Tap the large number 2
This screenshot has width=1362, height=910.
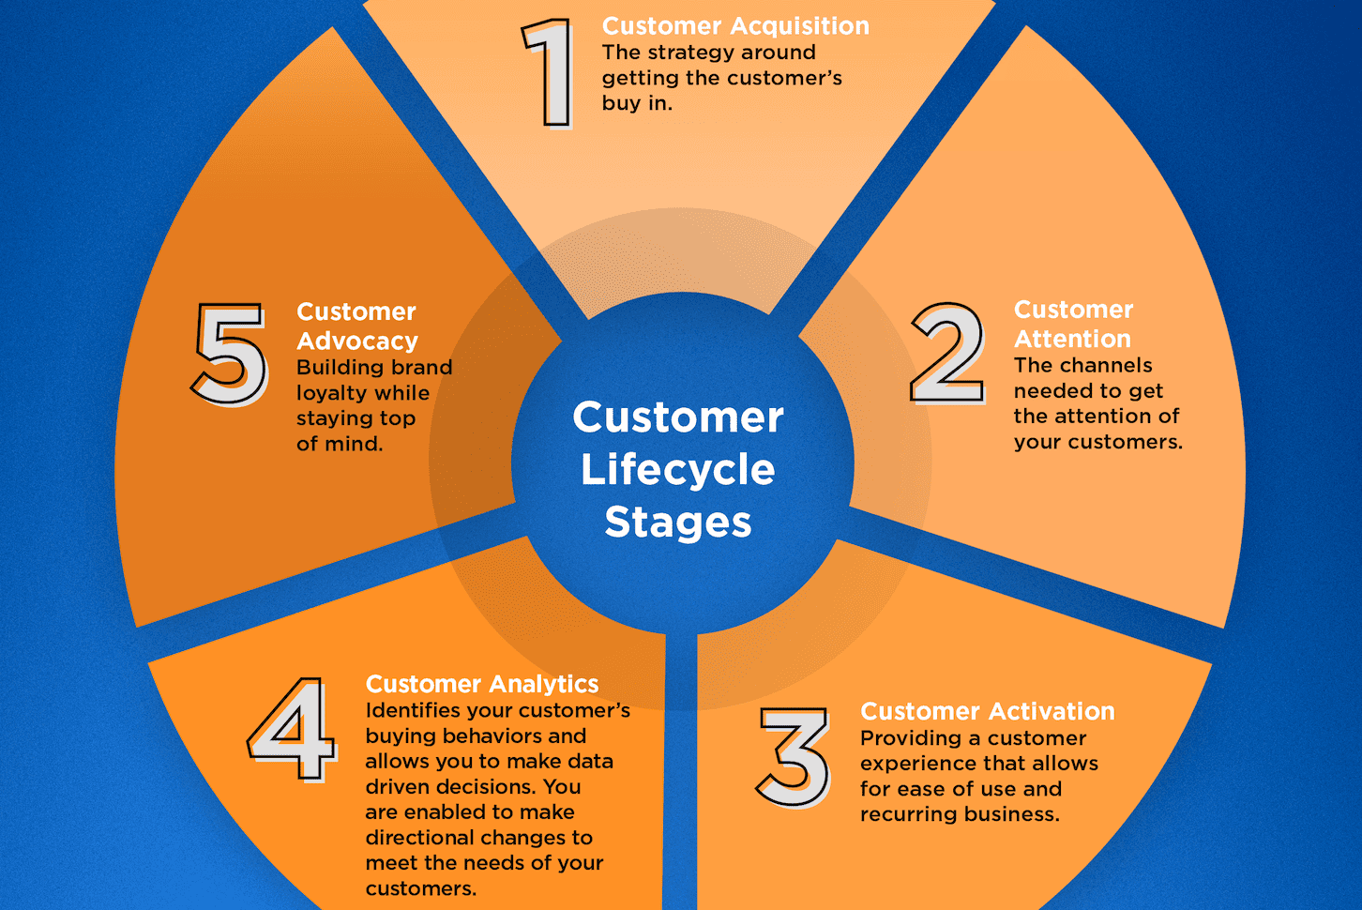[x=947, y=354]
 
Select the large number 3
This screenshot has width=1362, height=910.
[x=794, y=757]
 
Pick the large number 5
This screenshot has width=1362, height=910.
[x=230, y=354]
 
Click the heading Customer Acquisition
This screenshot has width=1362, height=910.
[x=735, y=26]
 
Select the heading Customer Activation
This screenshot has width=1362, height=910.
[x=987, y=712]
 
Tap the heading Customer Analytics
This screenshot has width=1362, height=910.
[x=482, y=684]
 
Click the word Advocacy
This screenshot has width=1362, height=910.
[x=357, y=341]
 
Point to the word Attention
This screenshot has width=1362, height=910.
[x=1072, y=339]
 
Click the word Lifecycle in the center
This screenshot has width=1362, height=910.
[x=678, y=470]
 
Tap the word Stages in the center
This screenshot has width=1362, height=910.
[x=678, y=522]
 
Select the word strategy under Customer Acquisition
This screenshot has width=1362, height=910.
[x=690, y=53]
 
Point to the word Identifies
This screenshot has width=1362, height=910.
[x=412, y=710]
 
